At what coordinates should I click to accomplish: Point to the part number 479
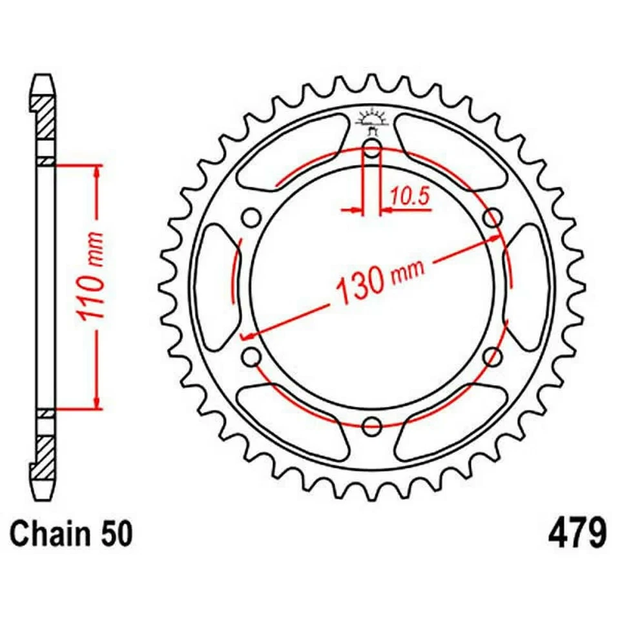(x=577, y=535)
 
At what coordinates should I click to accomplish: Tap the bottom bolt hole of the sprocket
(x=371, y=426)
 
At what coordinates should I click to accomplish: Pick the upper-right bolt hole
(x=492, y=217)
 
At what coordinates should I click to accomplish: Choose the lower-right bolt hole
(x=492, y=356)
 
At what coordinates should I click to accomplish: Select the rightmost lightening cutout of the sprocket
(x=528, y=287)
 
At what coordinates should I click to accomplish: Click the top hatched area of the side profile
(x=46, y=117)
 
